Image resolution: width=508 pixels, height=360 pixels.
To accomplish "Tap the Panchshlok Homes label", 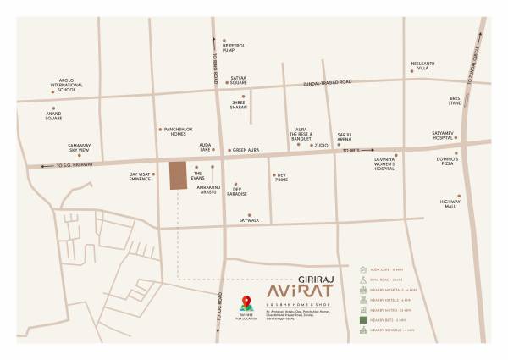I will coord(172,132).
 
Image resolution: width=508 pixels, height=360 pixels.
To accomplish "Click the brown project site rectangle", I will coord(177,175).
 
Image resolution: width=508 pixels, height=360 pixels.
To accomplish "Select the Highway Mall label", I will coord(448,203).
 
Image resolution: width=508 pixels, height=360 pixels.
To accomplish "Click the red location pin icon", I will coord(246,302).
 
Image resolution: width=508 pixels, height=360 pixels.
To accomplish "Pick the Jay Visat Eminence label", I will coord(140,178).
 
